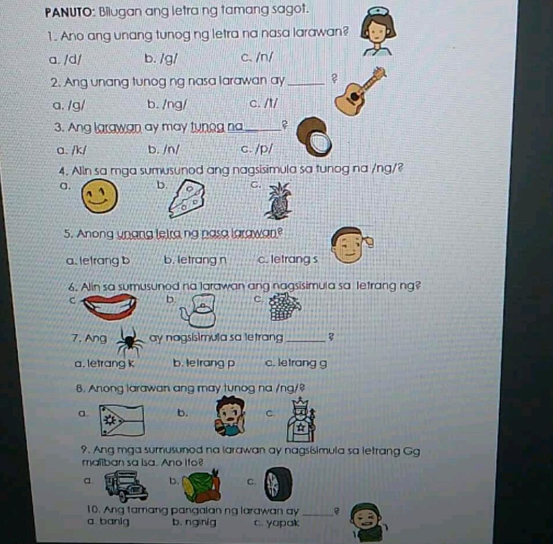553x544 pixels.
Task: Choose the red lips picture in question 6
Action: pyautogui.click(x=110, y=306)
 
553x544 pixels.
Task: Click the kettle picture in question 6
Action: pyautogui.click(x=196, y=312)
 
